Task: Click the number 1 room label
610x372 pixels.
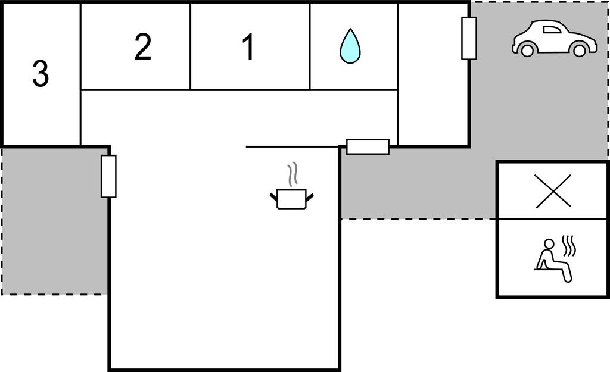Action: pyautogui.click(x=249, y=47)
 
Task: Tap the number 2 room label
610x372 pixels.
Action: pyautogui.click(x=142, y=47)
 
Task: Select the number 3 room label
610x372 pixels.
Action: pyautogui.click(x=40, y=74)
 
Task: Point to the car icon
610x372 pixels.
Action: pyautogui.click(x=554, y=39)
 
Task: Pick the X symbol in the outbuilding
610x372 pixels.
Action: pyautogui.click(x=553, y=191)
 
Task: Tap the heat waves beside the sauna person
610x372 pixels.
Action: pyautogui.click(x=569, y=245)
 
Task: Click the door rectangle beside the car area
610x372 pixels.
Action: pyautogui.click(x=469, y=38)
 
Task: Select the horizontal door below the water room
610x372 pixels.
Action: pyautogui.click(x=368, y=146)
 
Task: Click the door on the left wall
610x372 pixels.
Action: pyautogui.click(x=108, y=176)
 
